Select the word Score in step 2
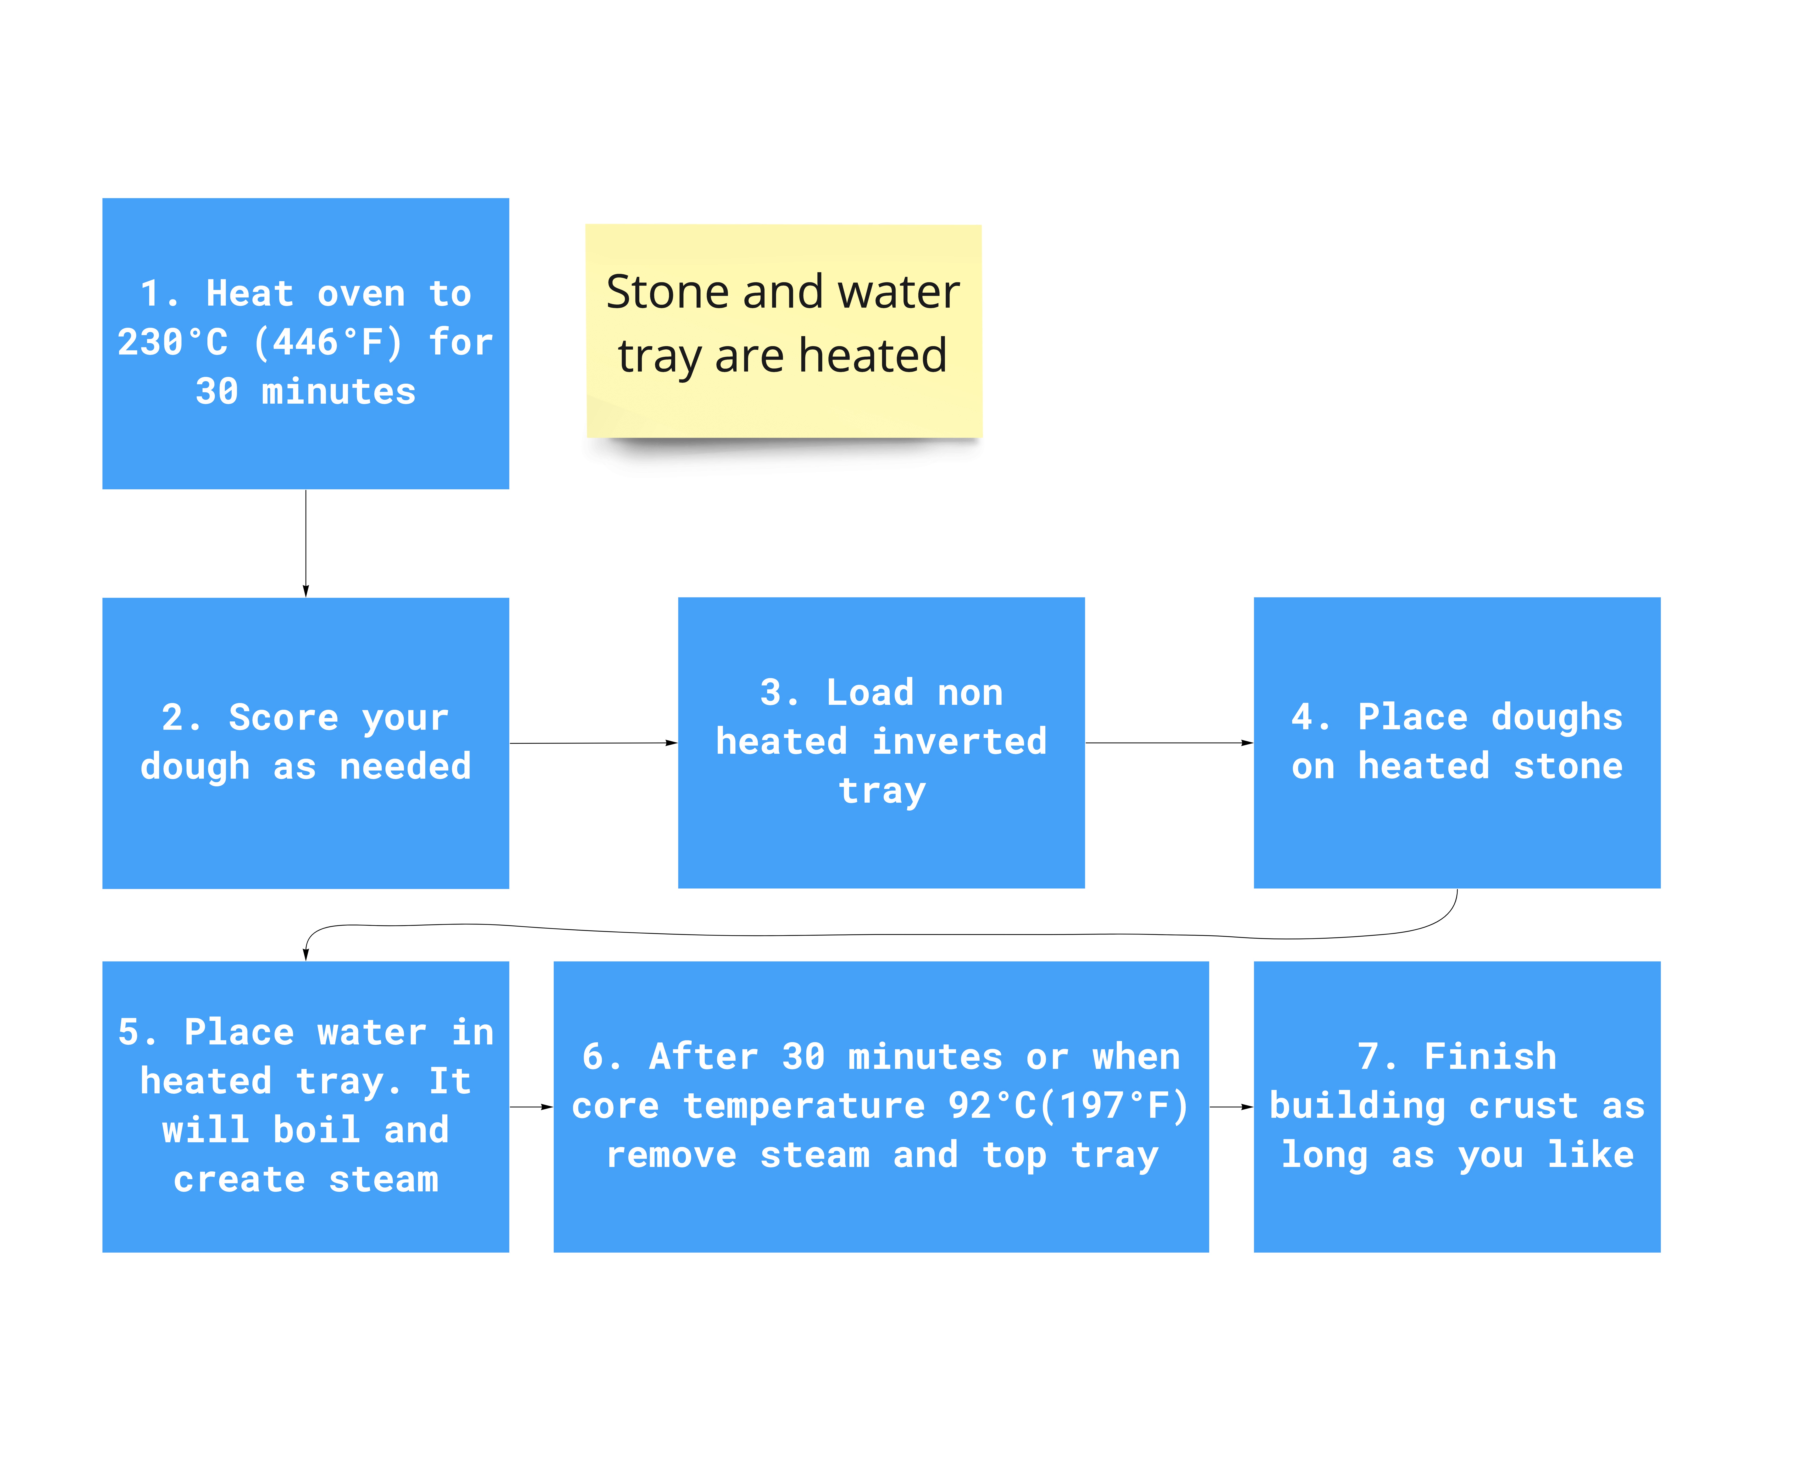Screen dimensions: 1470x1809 click(x=284, y=718)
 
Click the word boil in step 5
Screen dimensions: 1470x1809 click(x=317, y=1130)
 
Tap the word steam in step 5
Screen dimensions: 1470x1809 click(x=384, y=1180)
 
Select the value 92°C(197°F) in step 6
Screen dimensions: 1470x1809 click(x=1069, y=1106)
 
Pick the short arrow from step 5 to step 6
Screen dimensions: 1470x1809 click(x=531, y=1107)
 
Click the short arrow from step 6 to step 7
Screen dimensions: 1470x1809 click(x=1231, y=1107)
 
